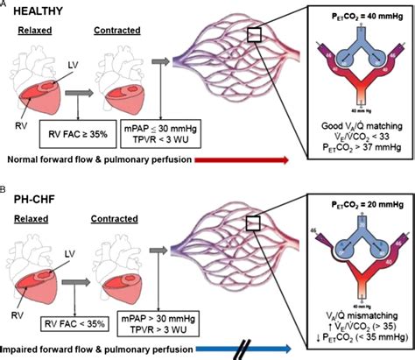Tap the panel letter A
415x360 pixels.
point(5,5)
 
